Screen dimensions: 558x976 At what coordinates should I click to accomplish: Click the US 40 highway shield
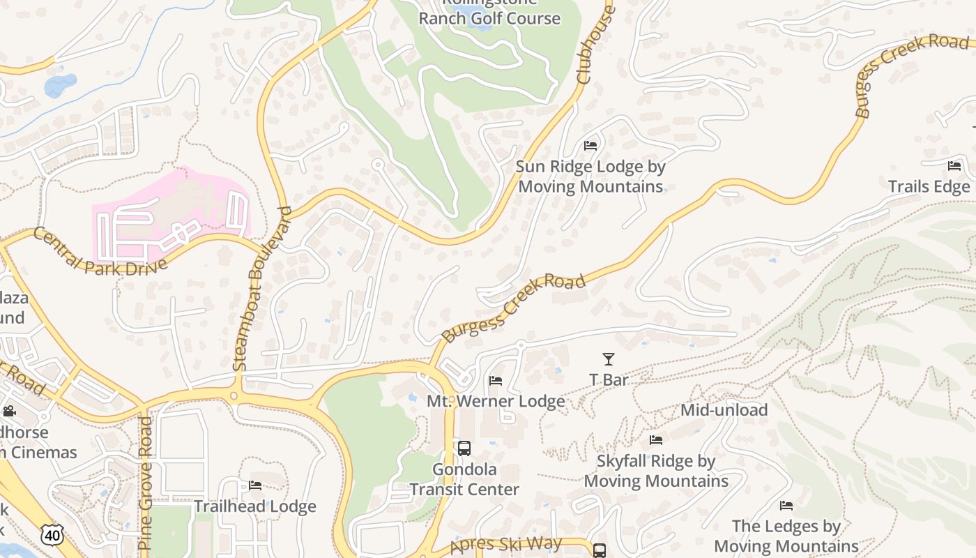point(51,535)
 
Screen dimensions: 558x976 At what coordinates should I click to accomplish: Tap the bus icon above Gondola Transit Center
point(464,448)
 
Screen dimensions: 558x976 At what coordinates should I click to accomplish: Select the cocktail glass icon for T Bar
point(609,359)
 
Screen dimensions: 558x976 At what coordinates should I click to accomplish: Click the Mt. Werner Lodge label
point(496,402)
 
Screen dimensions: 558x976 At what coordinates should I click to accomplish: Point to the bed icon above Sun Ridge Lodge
point(590,146)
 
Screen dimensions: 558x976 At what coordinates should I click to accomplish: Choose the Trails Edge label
point(929,187)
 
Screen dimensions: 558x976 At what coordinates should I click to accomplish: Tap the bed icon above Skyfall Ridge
point(656,440)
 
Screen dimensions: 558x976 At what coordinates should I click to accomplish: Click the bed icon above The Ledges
point(786,506)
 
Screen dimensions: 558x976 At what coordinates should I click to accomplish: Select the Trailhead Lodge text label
point(255,506)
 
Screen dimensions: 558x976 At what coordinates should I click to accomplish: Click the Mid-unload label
point(724,410)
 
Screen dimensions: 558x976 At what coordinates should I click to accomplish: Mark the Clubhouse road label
point(594,45)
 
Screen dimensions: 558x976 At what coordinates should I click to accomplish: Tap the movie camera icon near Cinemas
point(9,412)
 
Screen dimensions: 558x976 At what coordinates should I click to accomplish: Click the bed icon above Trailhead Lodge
point(255,485)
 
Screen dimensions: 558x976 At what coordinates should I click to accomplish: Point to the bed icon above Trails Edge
point(954,166)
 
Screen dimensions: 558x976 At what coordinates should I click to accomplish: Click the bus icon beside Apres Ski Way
point(600,550)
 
